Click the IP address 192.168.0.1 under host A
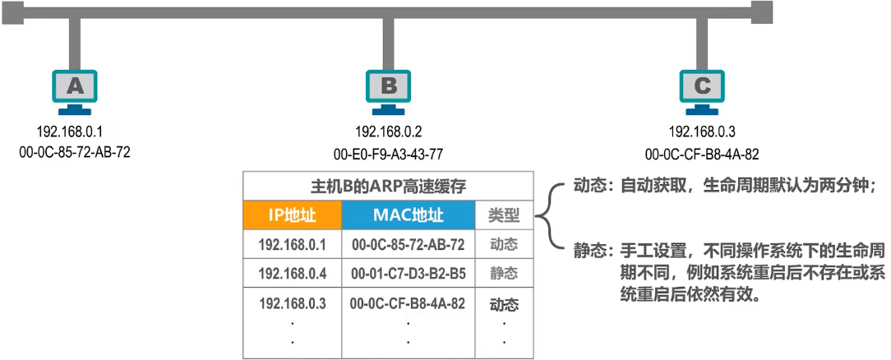69,132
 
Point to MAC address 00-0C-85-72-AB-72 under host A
74,152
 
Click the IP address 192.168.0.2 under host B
389,132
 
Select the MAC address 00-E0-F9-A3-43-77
389,153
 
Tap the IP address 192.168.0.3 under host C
702,132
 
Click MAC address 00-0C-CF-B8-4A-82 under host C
702,153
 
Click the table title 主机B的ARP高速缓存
389,186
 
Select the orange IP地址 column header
292,215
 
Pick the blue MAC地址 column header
408,215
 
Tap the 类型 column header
504,216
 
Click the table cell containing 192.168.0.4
293,273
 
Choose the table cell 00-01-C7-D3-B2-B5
408,273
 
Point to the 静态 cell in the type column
504,273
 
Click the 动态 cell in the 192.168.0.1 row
504,244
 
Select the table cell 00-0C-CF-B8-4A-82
408,303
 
